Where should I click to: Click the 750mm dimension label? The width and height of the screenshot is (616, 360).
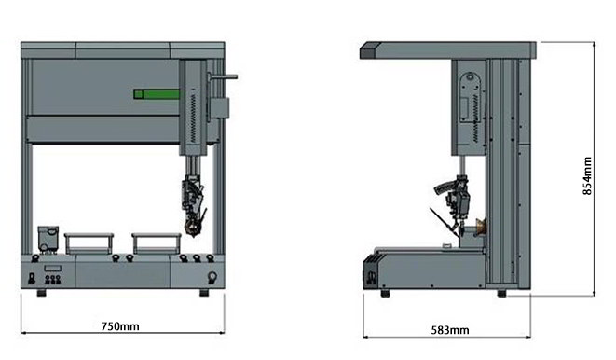[120, 326]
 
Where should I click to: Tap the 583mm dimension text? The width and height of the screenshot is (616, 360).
[450, 330]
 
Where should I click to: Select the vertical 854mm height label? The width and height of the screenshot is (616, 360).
[587, 175]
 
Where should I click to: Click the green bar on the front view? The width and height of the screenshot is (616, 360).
[157, 94]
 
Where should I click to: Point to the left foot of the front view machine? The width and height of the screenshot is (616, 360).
[41, 293]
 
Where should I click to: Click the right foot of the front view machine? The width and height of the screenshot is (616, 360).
[204, 293]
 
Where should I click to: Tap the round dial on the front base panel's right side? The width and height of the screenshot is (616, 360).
[212, 277]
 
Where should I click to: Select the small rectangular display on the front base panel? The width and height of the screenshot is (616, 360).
[52, 269]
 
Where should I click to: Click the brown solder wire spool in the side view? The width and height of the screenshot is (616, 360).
[481, 228]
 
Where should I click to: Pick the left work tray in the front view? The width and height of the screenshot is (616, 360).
[89, 243]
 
